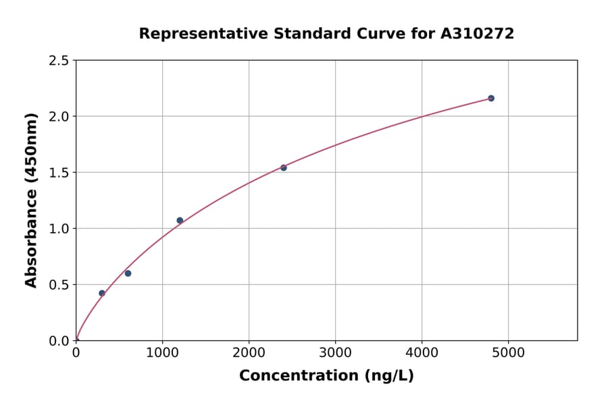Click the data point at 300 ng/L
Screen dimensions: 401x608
coord(102,293)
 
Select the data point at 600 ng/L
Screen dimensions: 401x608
coord(128,273)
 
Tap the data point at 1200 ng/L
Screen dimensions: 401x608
coord(180,220)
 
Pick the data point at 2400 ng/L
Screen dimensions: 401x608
coord(284,167)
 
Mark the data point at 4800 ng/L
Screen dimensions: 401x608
coord(491,98)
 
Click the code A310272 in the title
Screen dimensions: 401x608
coord(478,33)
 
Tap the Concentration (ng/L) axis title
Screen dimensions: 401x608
coord(326,375)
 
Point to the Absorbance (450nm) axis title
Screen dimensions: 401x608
coord(31,200)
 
